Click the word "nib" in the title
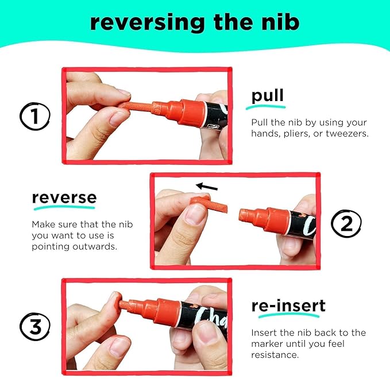click(x=280, y=22)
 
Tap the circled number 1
click(x=35, y=116)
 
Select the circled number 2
click(x=346, y=223)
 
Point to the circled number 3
click(x=35, y=327)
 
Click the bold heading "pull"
click(x=268, y=95)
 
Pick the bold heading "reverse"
click(x=64, y=198)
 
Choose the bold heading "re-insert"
click(x=288, y=305)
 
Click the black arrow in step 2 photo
click(x=207, y=187)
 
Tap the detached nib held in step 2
click(x=209, y=204)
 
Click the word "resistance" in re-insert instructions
click(x=275, y=355)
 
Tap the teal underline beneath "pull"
click(x=265, y=107)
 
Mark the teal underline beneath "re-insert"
click(x=289, y=316)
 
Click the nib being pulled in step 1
click(x=136, y=106)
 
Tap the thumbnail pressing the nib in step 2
click(x=195, y=214)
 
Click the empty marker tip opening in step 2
click(x=241, y=215)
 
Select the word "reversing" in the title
click(x=147, y=23)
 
